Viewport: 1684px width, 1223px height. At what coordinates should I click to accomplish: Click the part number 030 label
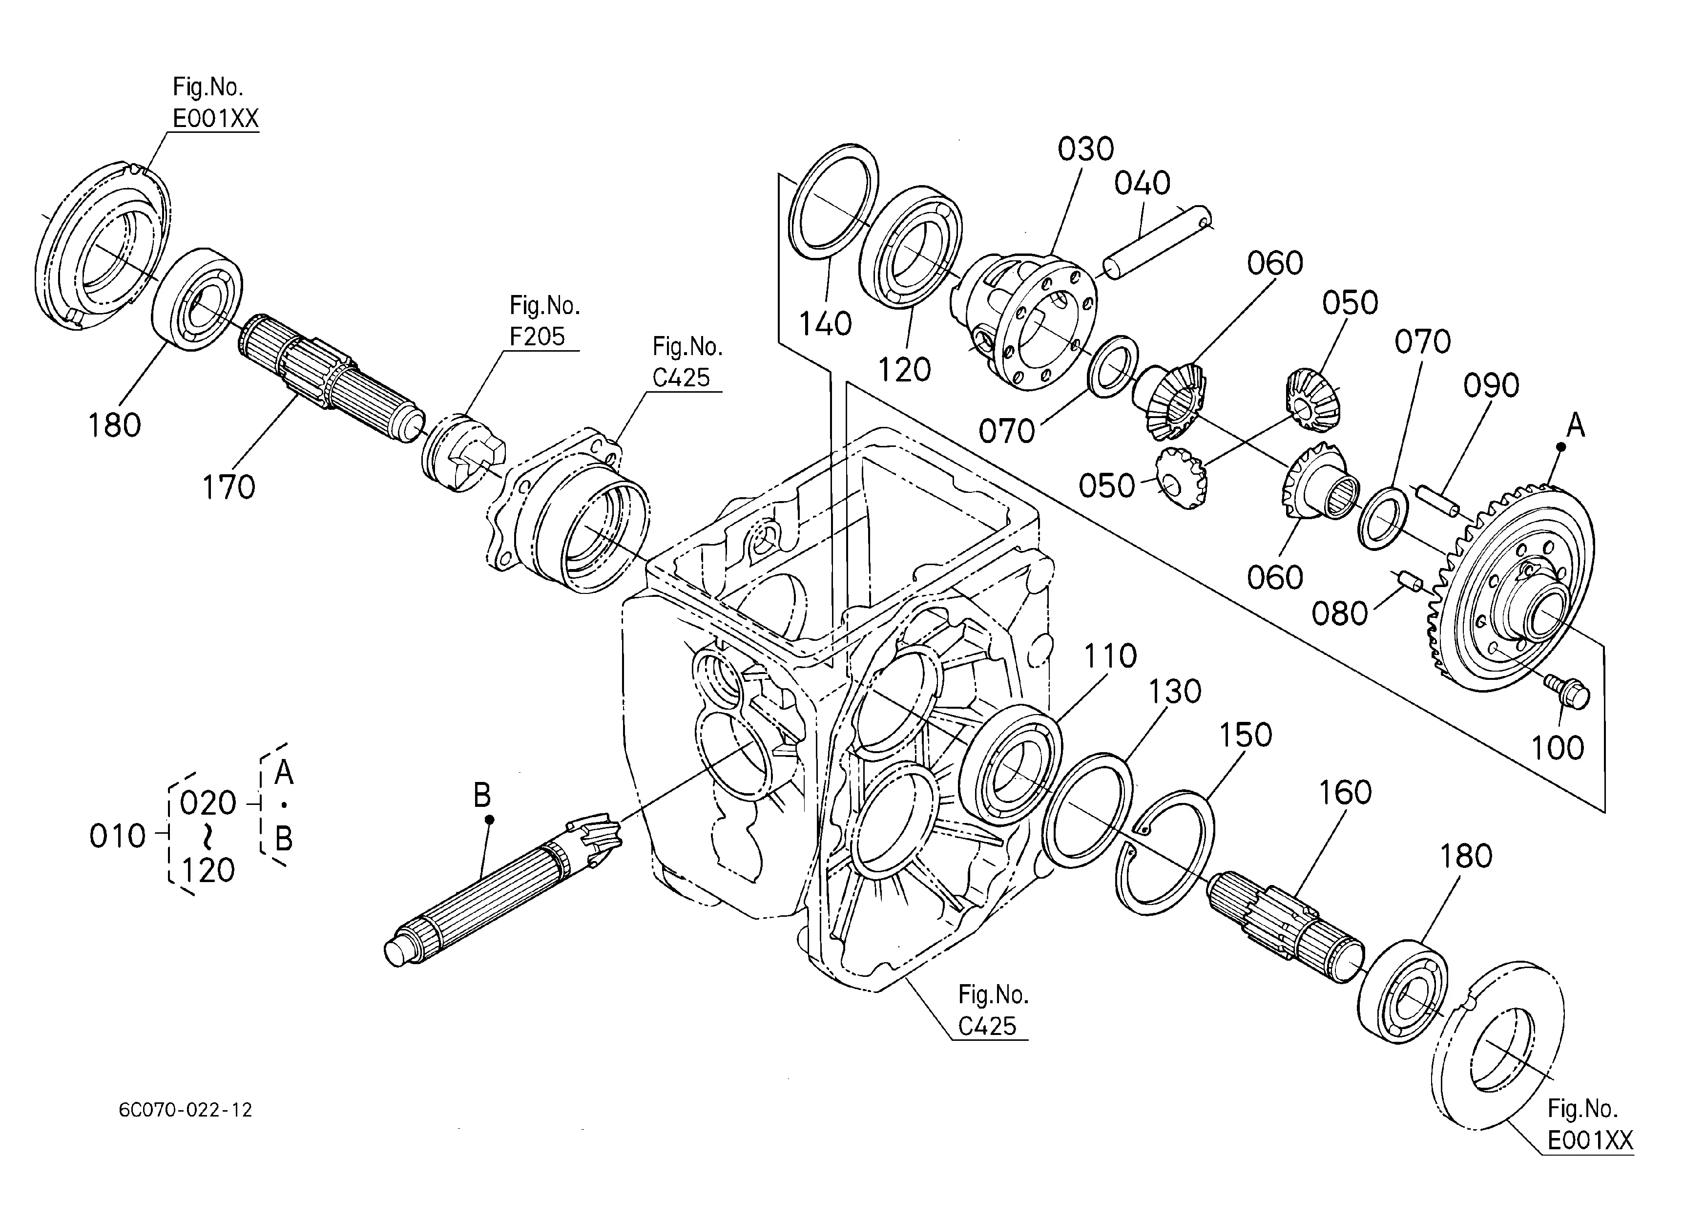coord(1085,149)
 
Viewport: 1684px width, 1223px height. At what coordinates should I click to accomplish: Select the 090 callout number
coord(1492,385)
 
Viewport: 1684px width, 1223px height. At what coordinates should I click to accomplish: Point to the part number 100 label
coord(1558,748)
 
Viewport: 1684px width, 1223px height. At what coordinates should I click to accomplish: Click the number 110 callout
coord(1110,656)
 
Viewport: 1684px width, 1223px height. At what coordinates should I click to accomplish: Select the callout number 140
coord(825,324)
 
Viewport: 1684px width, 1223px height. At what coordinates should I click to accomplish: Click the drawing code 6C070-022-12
coord(186,1110)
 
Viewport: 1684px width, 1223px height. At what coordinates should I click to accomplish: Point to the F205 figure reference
coord(537,337)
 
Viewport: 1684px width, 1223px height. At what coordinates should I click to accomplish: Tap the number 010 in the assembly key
coord(117,837)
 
